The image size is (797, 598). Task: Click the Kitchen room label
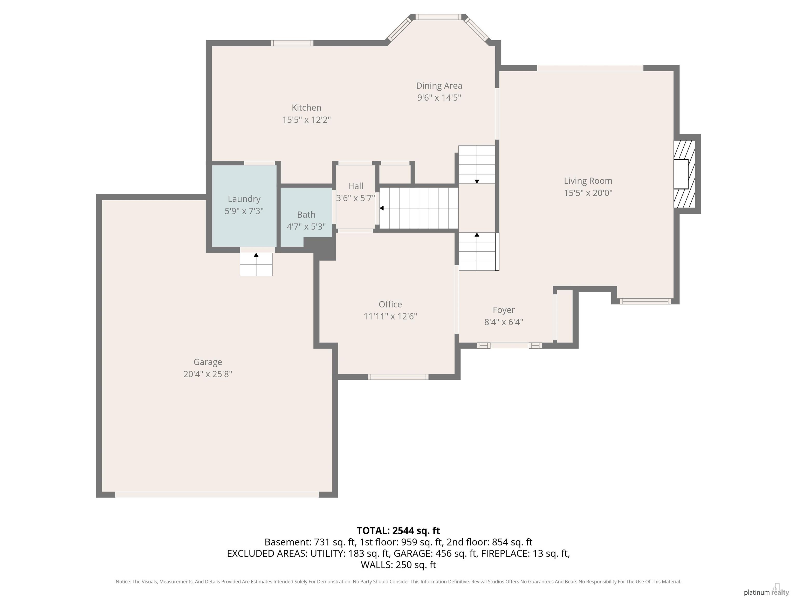click(306, 107)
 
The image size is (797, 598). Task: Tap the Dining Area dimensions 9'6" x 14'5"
click(439, 98)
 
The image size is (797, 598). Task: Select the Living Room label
click(588, 181)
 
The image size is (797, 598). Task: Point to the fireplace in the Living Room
click(684, 174)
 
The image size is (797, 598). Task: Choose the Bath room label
click(306, 214)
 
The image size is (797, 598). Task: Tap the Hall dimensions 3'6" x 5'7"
click(355, 198)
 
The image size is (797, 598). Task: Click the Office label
click(390, 304)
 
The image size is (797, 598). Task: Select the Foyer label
click(503, 310)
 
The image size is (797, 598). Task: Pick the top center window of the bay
click(438, 17)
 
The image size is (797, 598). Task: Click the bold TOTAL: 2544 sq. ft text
click(398, 531)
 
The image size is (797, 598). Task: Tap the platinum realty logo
click(765, 592)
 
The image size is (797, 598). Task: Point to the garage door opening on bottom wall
click(217, 494)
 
